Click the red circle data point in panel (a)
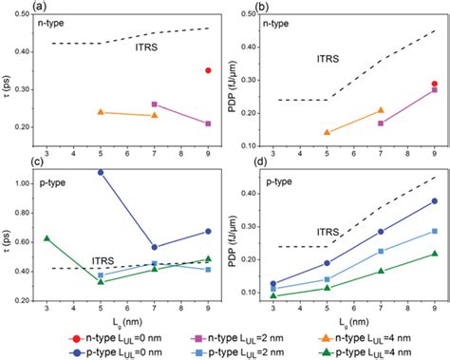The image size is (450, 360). click(x=208, y=70)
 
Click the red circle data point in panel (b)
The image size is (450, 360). click(x=435, y=85)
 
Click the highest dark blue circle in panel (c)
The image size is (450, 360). click(x=101, y=172)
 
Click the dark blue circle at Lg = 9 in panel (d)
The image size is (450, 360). click(x=435, y=201)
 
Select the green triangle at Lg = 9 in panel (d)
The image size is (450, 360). click(x=435, y=254)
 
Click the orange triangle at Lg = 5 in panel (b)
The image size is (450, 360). click(x=328, y=132)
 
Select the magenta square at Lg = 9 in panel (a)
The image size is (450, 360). click(x=208, y=123)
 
